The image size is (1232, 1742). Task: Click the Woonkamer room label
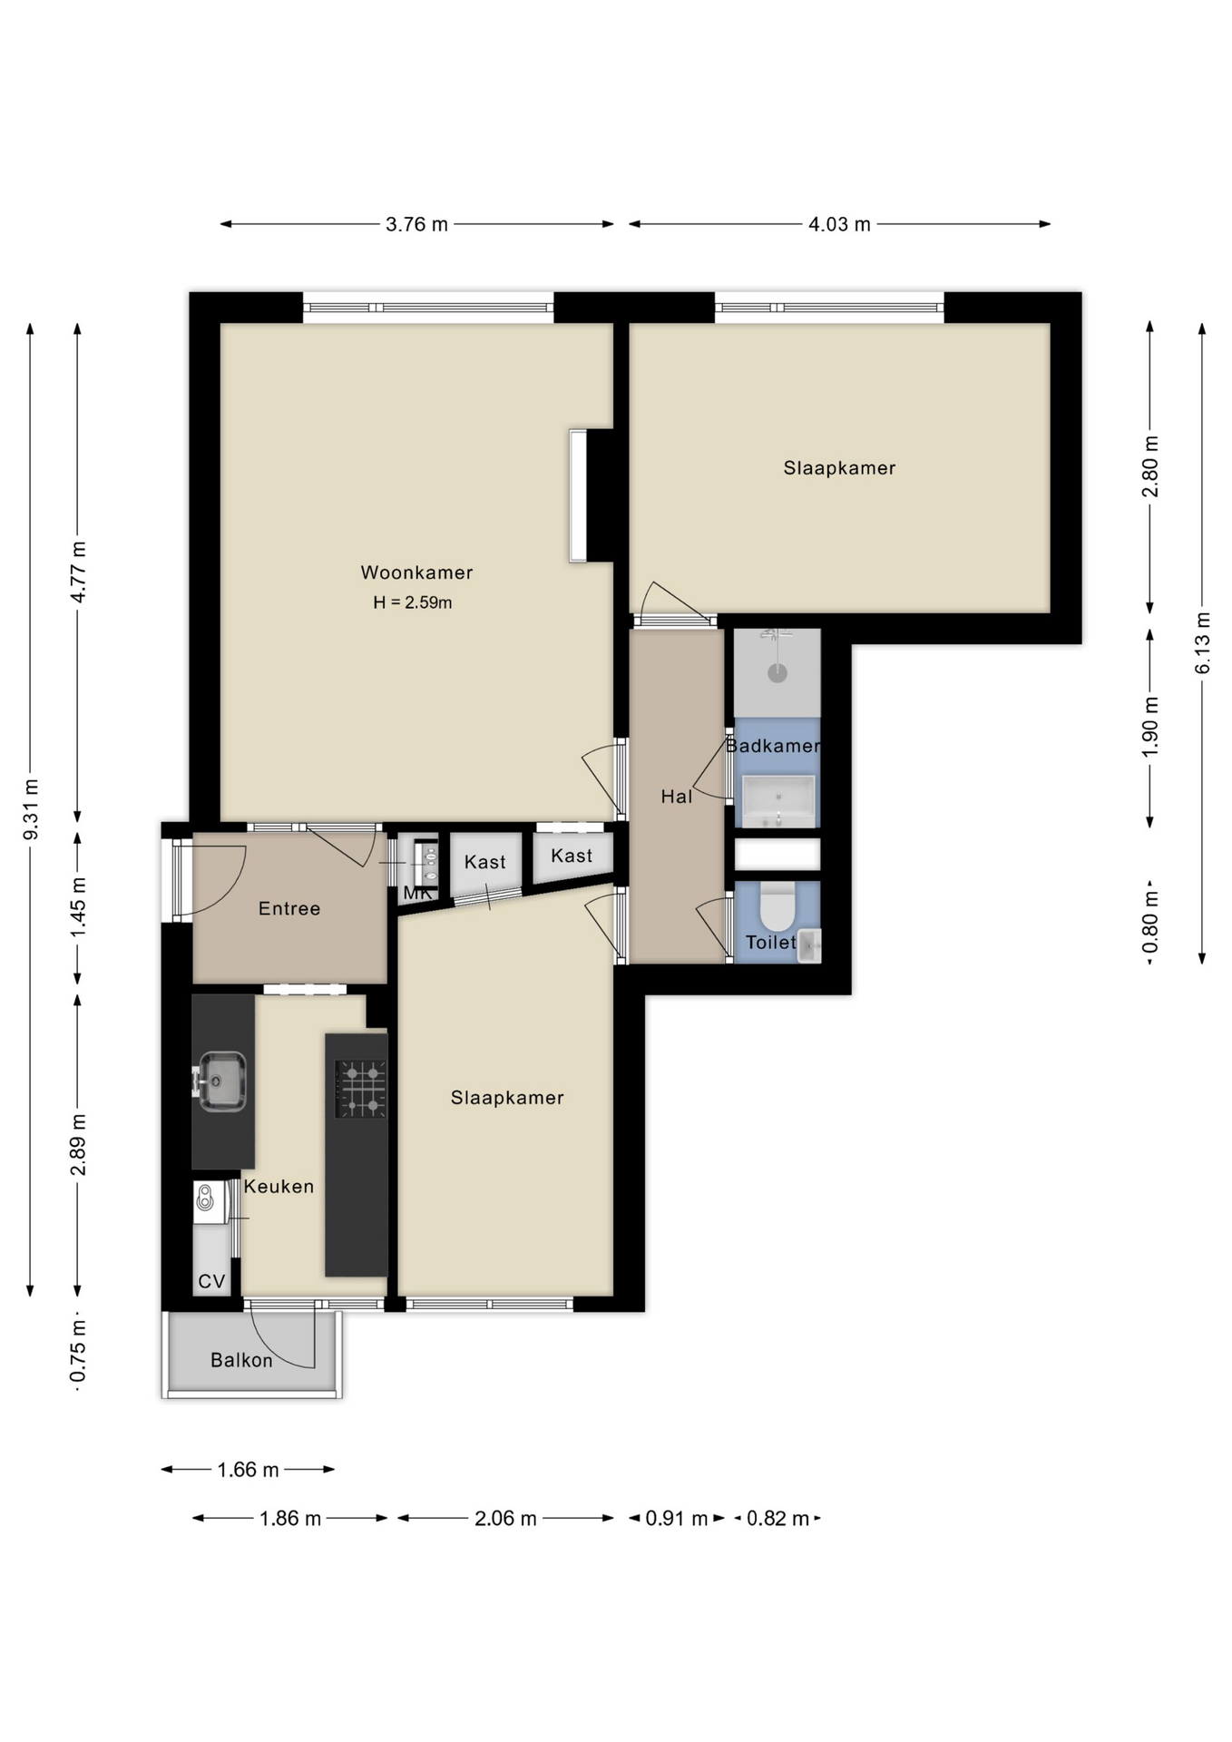click(416, 573)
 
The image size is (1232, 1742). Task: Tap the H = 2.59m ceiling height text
click(413, 602)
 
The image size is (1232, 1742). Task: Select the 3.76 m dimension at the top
click(416, 224)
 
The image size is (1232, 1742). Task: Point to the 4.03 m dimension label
click(839, 224)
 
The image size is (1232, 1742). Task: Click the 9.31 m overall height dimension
click(30, 808)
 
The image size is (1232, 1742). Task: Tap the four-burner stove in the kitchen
click(361, 1089)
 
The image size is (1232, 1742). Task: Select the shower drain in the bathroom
click(777, 673)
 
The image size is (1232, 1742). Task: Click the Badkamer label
click(773, 746)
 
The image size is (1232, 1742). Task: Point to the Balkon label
click(241, 1360)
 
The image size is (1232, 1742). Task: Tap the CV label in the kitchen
click(211, 1281)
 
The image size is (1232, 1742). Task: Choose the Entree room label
click(289, 908)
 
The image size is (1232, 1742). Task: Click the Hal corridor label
click(676, 797)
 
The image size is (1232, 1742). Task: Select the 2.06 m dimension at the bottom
click(505, 1518)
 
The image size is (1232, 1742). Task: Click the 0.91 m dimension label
click(676, 1518)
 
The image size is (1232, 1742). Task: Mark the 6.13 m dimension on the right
click(1202, 642)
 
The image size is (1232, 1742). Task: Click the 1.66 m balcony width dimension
click(248, 1469)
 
